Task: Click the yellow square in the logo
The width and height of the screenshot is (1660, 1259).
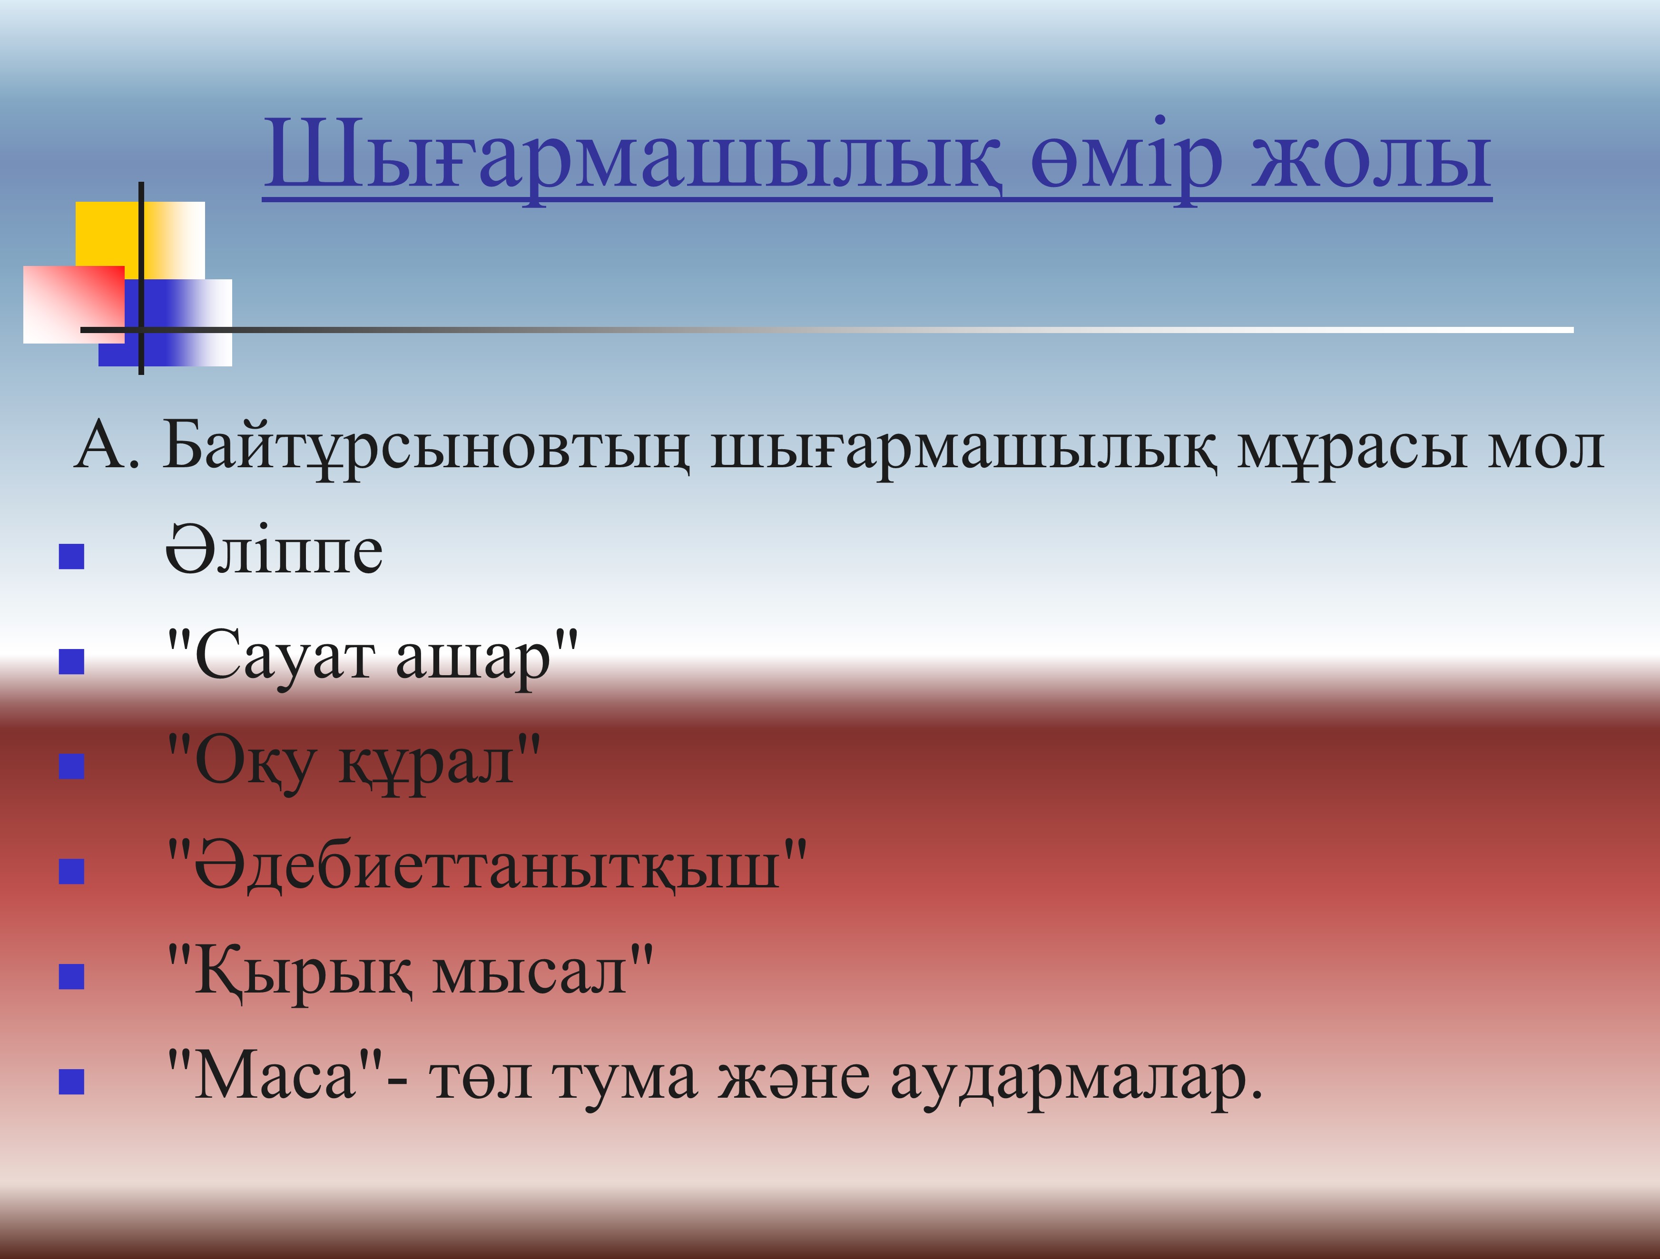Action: (x=139, y=240)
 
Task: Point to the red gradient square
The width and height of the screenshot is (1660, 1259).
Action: (x=74, y=304)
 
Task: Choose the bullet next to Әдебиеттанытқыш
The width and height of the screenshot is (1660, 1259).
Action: (x=71, y=872)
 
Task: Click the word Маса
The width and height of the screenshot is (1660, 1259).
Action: (x=275, y=1077)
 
